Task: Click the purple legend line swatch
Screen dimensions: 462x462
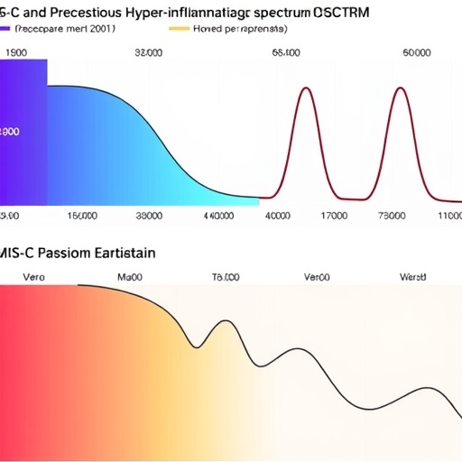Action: [7, 28]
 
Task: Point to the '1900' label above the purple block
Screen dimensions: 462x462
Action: [16, 53]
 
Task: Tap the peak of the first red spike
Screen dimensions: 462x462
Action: [306, 88]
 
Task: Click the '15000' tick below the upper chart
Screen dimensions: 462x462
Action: [83, 217]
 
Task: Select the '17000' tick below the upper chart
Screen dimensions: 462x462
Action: [334, 217]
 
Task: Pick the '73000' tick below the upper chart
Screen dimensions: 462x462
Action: [391, 217]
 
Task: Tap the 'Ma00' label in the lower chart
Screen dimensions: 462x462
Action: [132, 278]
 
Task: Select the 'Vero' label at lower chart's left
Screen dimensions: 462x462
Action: [33, 278]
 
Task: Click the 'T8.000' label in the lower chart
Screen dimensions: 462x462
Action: [225, 278]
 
